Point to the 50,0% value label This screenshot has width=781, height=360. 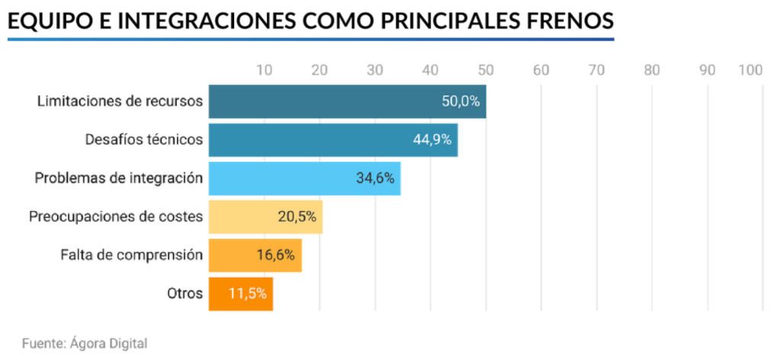(461, 102)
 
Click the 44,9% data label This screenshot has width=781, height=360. (432, 140)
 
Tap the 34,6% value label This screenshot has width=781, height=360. (375, 178)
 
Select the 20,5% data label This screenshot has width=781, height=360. (297, 217)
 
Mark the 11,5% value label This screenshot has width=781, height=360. (248, 293)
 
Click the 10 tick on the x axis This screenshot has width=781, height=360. (264, 70)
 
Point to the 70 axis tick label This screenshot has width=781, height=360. (596, 70)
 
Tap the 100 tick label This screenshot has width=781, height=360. (750, 70)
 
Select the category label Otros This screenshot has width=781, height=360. (185, 293)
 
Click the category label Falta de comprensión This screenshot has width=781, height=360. (131, 255)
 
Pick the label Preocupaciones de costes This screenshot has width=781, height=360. (116, 217)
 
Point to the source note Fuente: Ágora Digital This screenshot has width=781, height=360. (85, 343)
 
